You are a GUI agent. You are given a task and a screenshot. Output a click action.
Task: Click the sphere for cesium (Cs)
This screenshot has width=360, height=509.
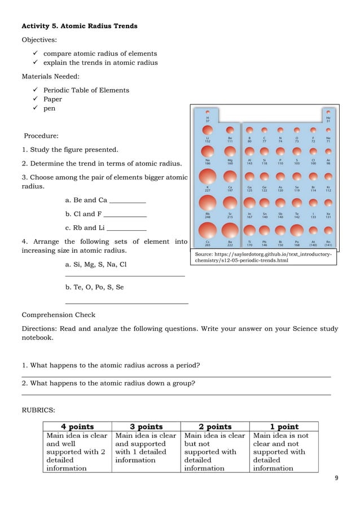click(x=208, y=230)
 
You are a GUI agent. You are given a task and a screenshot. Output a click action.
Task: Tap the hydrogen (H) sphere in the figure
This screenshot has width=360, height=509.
click(x=208, y=112)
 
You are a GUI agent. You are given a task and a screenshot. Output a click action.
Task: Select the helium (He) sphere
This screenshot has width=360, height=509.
click(x=328, y=113)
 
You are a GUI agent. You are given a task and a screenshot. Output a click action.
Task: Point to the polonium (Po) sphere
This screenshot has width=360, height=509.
click(x=297, y=230)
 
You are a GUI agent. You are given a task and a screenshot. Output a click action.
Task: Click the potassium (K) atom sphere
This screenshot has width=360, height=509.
click(x=208, y=176)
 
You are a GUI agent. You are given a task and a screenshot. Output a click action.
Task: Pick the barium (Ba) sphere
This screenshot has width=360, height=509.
click(x=230, y=230)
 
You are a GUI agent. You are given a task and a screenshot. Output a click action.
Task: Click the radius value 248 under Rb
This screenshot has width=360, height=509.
click(x=208, y=217)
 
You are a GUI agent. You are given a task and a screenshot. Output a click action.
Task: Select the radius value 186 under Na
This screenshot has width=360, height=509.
click(x=208, y=164)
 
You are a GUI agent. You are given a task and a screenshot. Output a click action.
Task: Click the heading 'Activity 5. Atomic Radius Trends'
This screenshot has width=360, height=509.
click(x=79, y=26)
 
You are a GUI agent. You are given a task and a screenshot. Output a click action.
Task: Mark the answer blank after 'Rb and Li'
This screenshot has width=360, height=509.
click(x=126, y=228)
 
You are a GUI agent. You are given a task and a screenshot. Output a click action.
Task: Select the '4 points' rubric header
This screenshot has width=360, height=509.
click(x=77, y=427)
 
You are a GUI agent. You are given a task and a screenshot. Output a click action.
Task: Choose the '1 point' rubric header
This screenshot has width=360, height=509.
click(x=284, y=427)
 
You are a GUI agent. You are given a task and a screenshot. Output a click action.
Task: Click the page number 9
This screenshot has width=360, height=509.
click(x=336, y=479)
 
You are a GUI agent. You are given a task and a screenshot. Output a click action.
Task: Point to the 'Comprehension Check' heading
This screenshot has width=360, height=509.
click(x=58, y=315)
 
